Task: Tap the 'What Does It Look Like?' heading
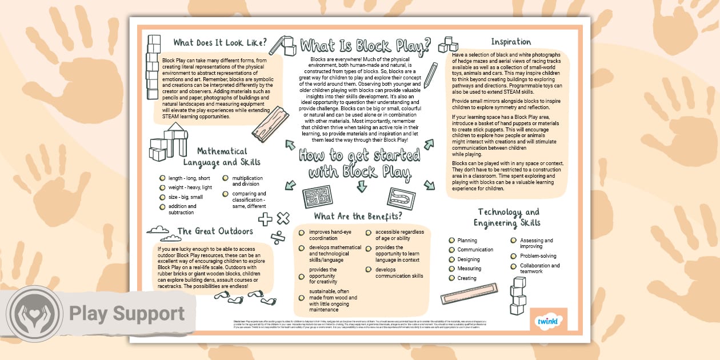[220, 43]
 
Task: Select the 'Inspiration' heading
[511, 42]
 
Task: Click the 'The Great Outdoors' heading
[215, 231]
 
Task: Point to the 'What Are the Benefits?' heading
[358, 216]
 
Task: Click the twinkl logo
[546, 322]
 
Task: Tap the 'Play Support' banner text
[127, 314]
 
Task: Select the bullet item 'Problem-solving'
[537, 256]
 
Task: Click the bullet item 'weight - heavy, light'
[190, 187]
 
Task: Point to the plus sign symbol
[265, 219]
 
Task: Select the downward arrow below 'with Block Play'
[361, 186]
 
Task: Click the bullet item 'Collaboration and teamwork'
[539, 269]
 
